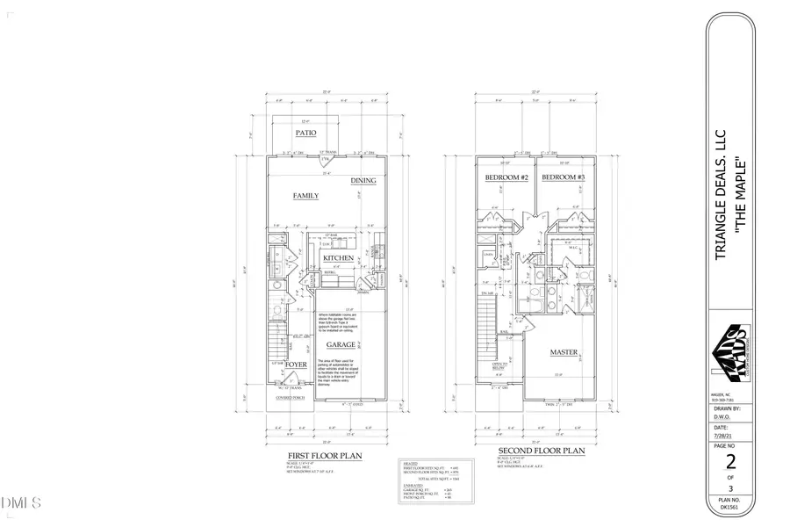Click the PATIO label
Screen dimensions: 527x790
[x=305, y=134]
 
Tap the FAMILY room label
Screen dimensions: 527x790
[x=305, y=196]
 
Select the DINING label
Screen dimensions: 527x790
[x=363, y=181]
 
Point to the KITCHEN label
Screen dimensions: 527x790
[x=337, y=258]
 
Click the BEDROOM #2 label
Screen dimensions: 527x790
[x=504, y=178]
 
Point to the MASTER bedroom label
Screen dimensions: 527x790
[x=564, y=352]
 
